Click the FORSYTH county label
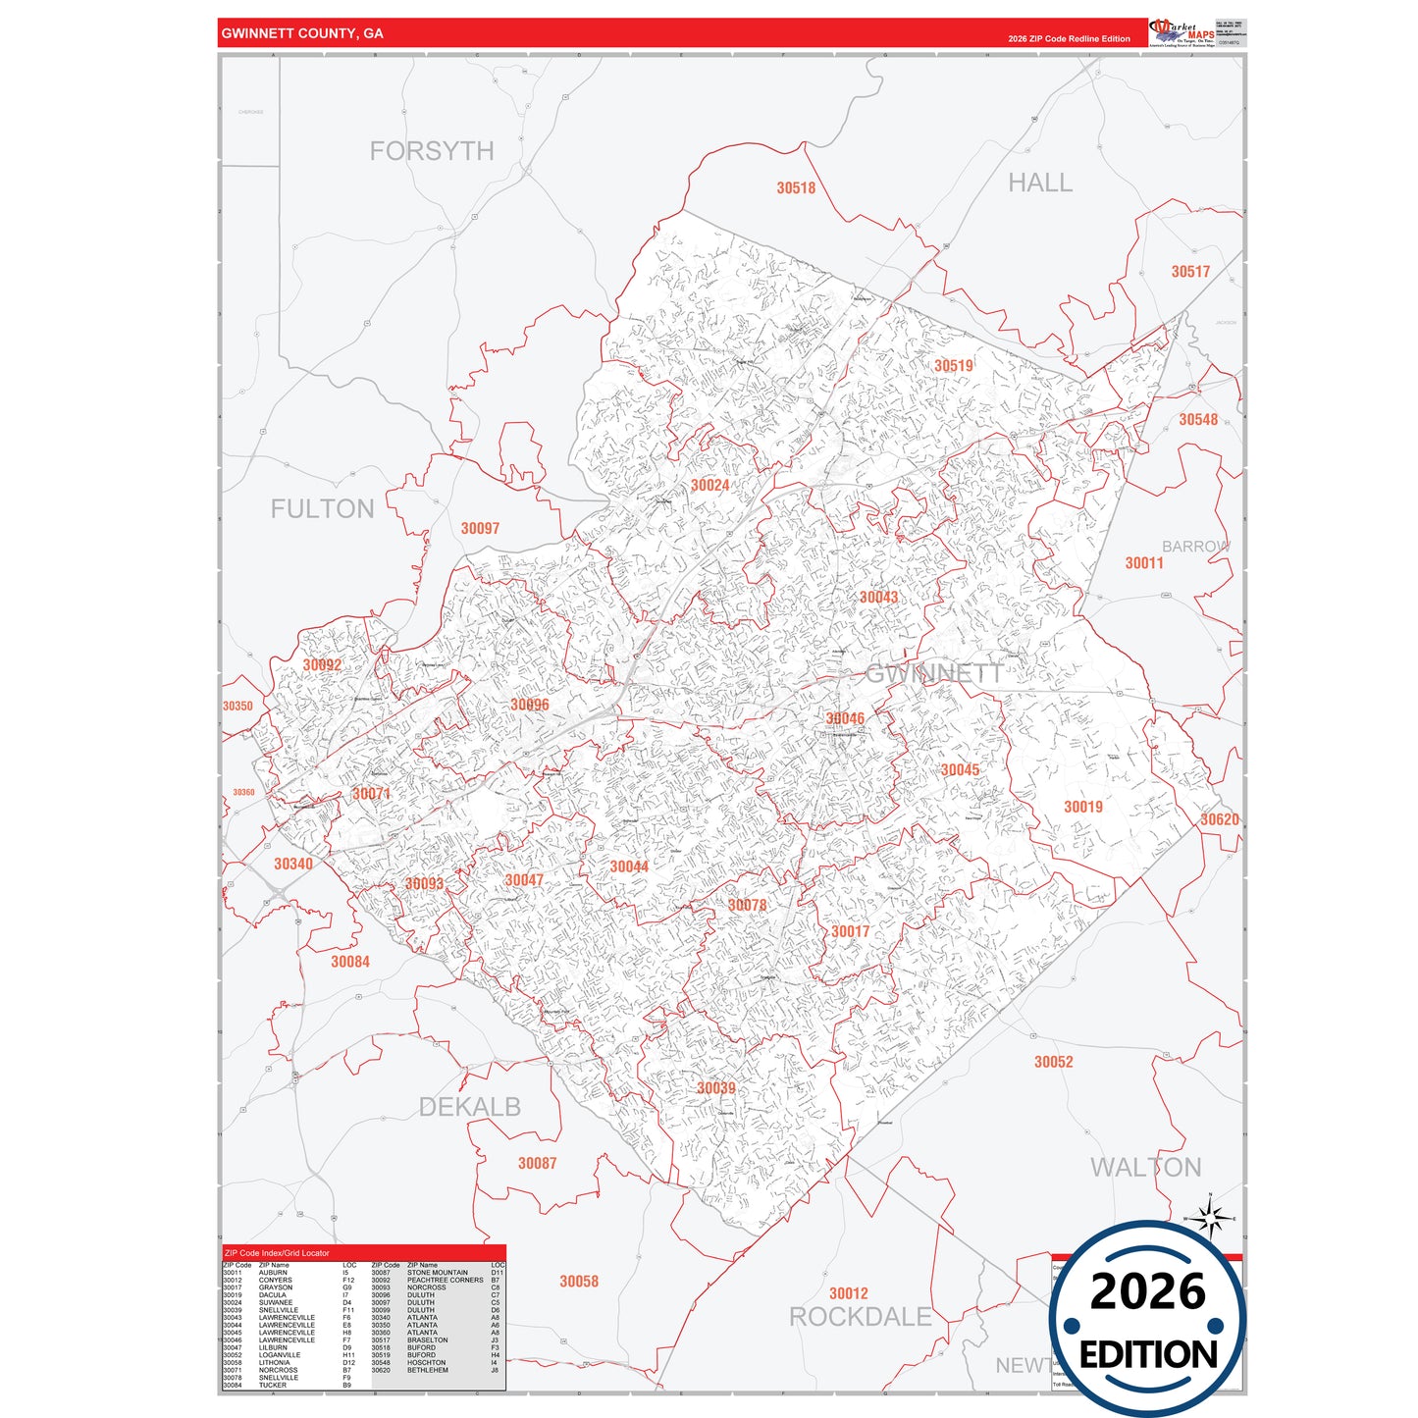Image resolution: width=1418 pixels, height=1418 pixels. [x=432, y=151]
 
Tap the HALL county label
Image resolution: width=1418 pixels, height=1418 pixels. [x=1040, y=184]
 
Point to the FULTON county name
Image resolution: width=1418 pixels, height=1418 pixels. [x=323, y=509]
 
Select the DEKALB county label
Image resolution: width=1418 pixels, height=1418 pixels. [x=470, y=1107]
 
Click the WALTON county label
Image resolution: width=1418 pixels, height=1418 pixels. [x=1146, y=1168]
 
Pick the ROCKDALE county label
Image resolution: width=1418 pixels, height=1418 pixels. [x=861, y=1317]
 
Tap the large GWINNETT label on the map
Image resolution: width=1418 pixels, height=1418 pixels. [x=933, y=673]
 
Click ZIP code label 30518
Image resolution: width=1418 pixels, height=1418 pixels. [x=796, y=188]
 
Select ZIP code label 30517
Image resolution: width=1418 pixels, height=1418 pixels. [x=1190, y=272]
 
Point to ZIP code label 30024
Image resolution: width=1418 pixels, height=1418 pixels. [x=709, y=486]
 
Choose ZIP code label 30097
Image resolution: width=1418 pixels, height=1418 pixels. [x=480, y=529]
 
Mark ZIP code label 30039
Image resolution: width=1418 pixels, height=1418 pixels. [x=716, y=1088]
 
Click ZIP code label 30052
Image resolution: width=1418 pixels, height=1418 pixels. [x=1053, y=1062]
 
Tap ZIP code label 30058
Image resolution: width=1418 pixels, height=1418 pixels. [x=579, y=1282]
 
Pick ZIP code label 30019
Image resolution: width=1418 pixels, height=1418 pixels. [x=1083, y=807]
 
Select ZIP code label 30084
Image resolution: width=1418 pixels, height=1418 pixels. [x=350, y=962]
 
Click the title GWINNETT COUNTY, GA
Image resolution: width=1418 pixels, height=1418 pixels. [x=302, y=33]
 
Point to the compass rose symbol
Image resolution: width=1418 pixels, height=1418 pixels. [x=1211, y=1219]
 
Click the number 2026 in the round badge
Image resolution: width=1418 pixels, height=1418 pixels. [x=1147, y=1291]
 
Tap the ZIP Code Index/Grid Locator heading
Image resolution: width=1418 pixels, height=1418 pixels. [x=277, y=1253]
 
